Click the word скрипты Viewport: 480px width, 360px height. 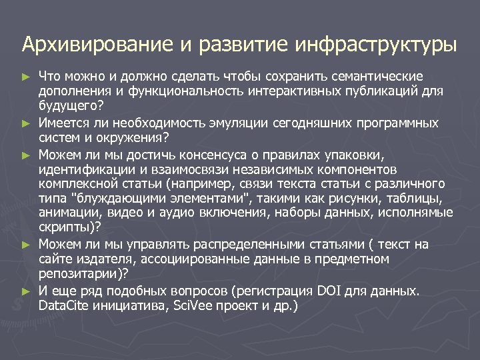pyautogui.click(x=63, y=227)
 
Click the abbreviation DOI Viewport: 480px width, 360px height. pyautogui.click(x=330, y=291)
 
